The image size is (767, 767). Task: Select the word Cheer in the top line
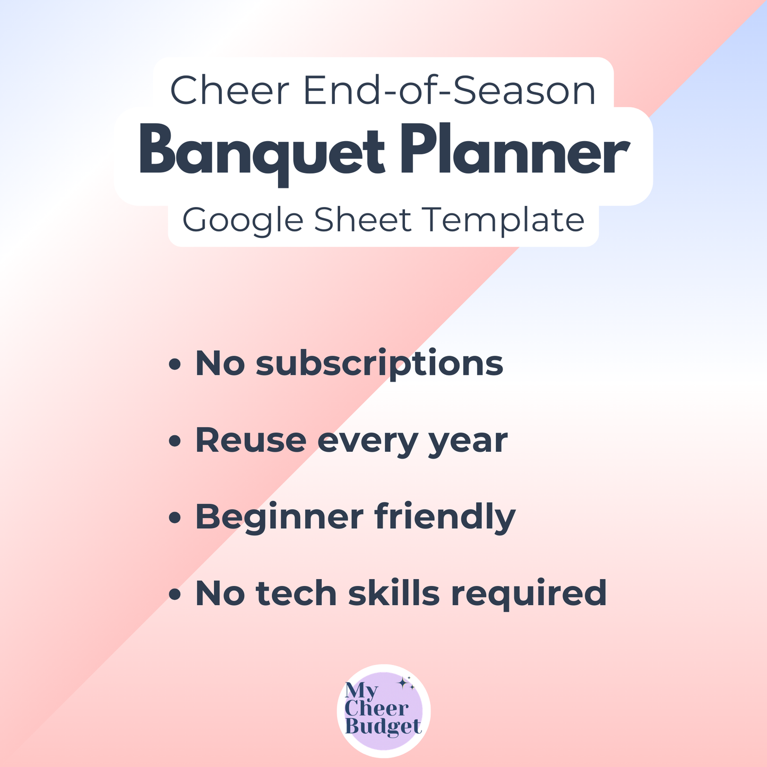[x=229, y=91]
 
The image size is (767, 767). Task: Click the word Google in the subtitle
[x=244, y=220]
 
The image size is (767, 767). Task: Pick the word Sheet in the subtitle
[x=363, y=220]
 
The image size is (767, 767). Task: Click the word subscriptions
[x=379, y=365]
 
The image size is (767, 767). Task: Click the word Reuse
[x=251, y=440]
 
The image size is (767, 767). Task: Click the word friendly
[x=445, y=516]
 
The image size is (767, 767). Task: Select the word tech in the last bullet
[x=297, y=593]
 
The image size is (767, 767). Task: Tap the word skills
[x=393, y=593]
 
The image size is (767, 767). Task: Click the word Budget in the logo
[x=383, y=727]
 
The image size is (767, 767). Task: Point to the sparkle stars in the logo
[x=406, y=684]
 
